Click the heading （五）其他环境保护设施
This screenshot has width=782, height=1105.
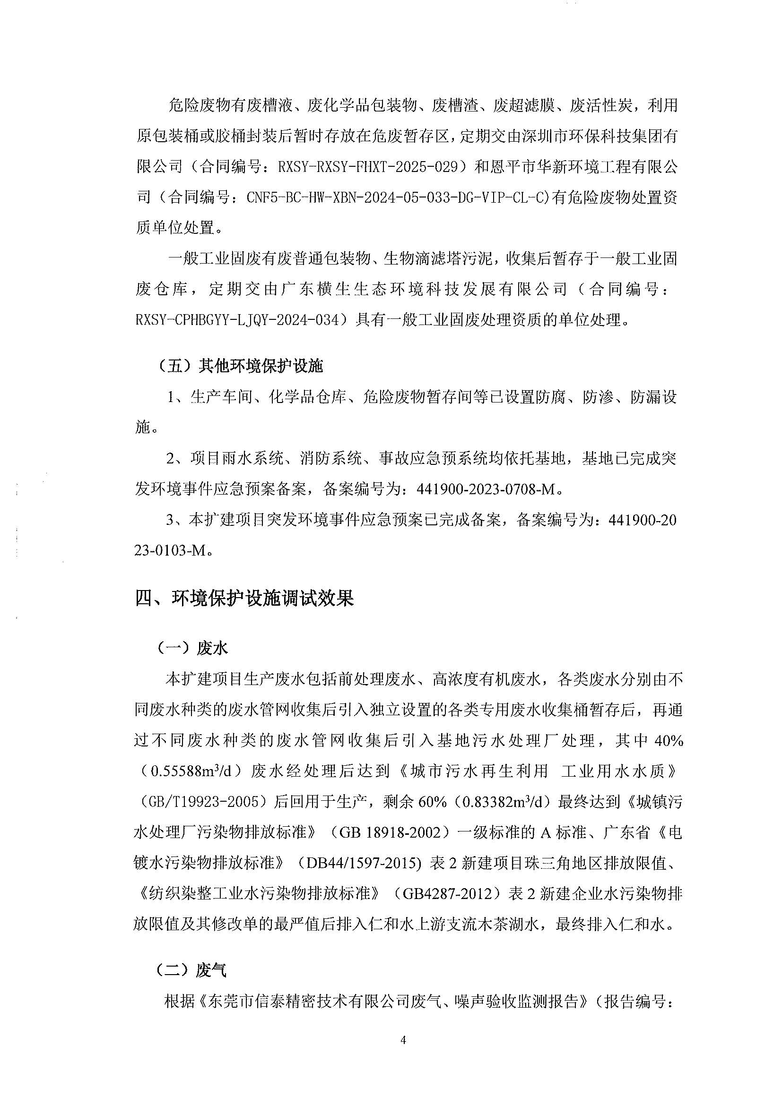point(241,367)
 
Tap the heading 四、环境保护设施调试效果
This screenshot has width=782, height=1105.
point(245,598)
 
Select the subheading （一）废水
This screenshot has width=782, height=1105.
point(192,649)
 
